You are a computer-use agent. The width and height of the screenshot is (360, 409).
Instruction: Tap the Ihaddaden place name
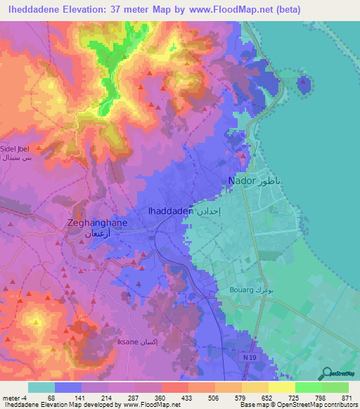click(x=169, y=210)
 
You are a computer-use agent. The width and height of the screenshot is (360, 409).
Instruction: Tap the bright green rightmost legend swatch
click(x=335, y=387)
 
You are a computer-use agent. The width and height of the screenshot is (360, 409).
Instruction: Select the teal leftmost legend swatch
click(x=41, y=387)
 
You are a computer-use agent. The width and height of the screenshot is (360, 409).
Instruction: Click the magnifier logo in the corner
click(x=326, y=374)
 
